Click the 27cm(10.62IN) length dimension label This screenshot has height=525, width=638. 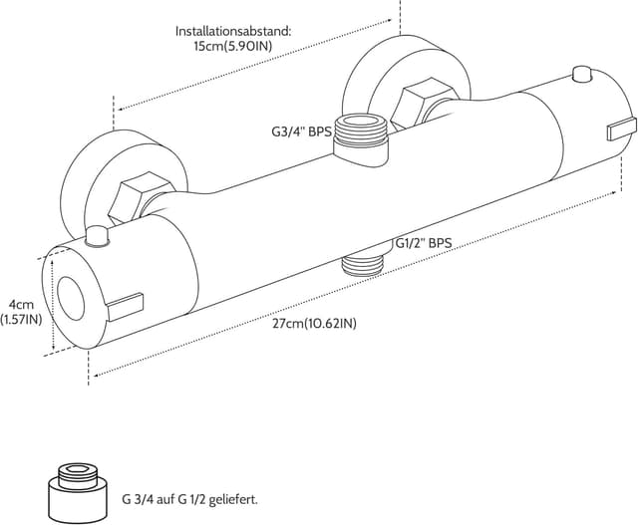pos(314,323)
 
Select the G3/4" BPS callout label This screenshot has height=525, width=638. pos(301,131)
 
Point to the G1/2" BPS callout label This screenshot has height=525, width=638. pos(424,242)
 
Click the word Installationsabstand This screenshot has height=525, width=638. pos(232,31)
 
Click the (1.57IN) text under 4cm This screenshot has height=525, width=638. pos(21,320)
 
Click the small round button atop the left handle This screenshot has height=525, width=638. pos(98,236)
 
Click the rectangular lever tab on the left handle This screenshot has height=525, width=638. pos(126,302)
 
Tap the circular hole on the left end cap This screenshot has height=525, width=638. pos(72,298)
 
